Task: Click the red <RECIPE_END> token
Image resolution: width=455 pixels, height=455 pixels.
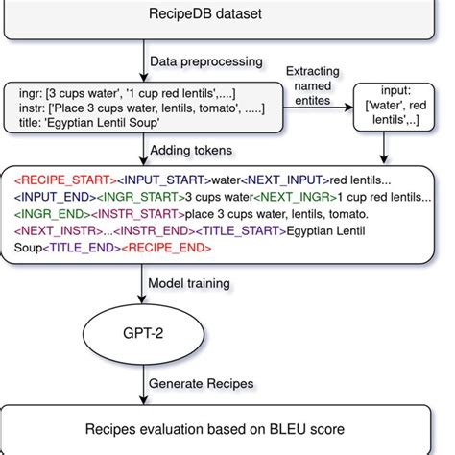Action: coord(176,249)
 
